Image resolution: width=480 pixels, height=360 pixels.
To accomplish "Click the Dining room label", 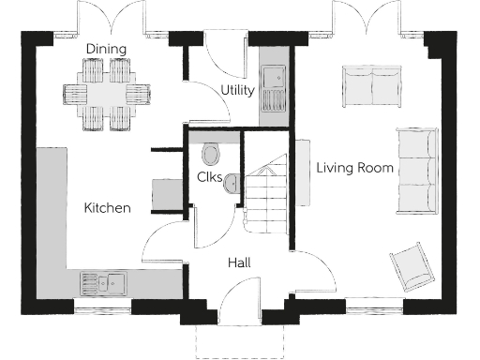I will coord(106,48).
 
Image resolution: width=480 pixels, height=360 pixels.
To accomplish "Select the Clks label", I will coord(209,177).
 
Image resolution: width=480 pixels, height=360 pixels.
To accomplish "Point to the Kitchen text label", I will coord(107,207).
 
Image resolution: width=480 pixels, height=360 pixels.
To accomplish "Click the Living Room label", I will coord(353,169).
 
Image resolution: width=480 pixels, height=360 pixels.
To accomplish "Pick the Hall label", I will coord(238,263).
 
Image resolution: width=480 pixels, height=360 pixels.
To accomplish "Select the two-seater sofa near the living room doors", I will coord(372,83).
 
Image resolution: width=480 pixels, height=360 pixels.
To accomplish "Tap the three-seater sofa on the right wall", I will coord(416,170).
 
